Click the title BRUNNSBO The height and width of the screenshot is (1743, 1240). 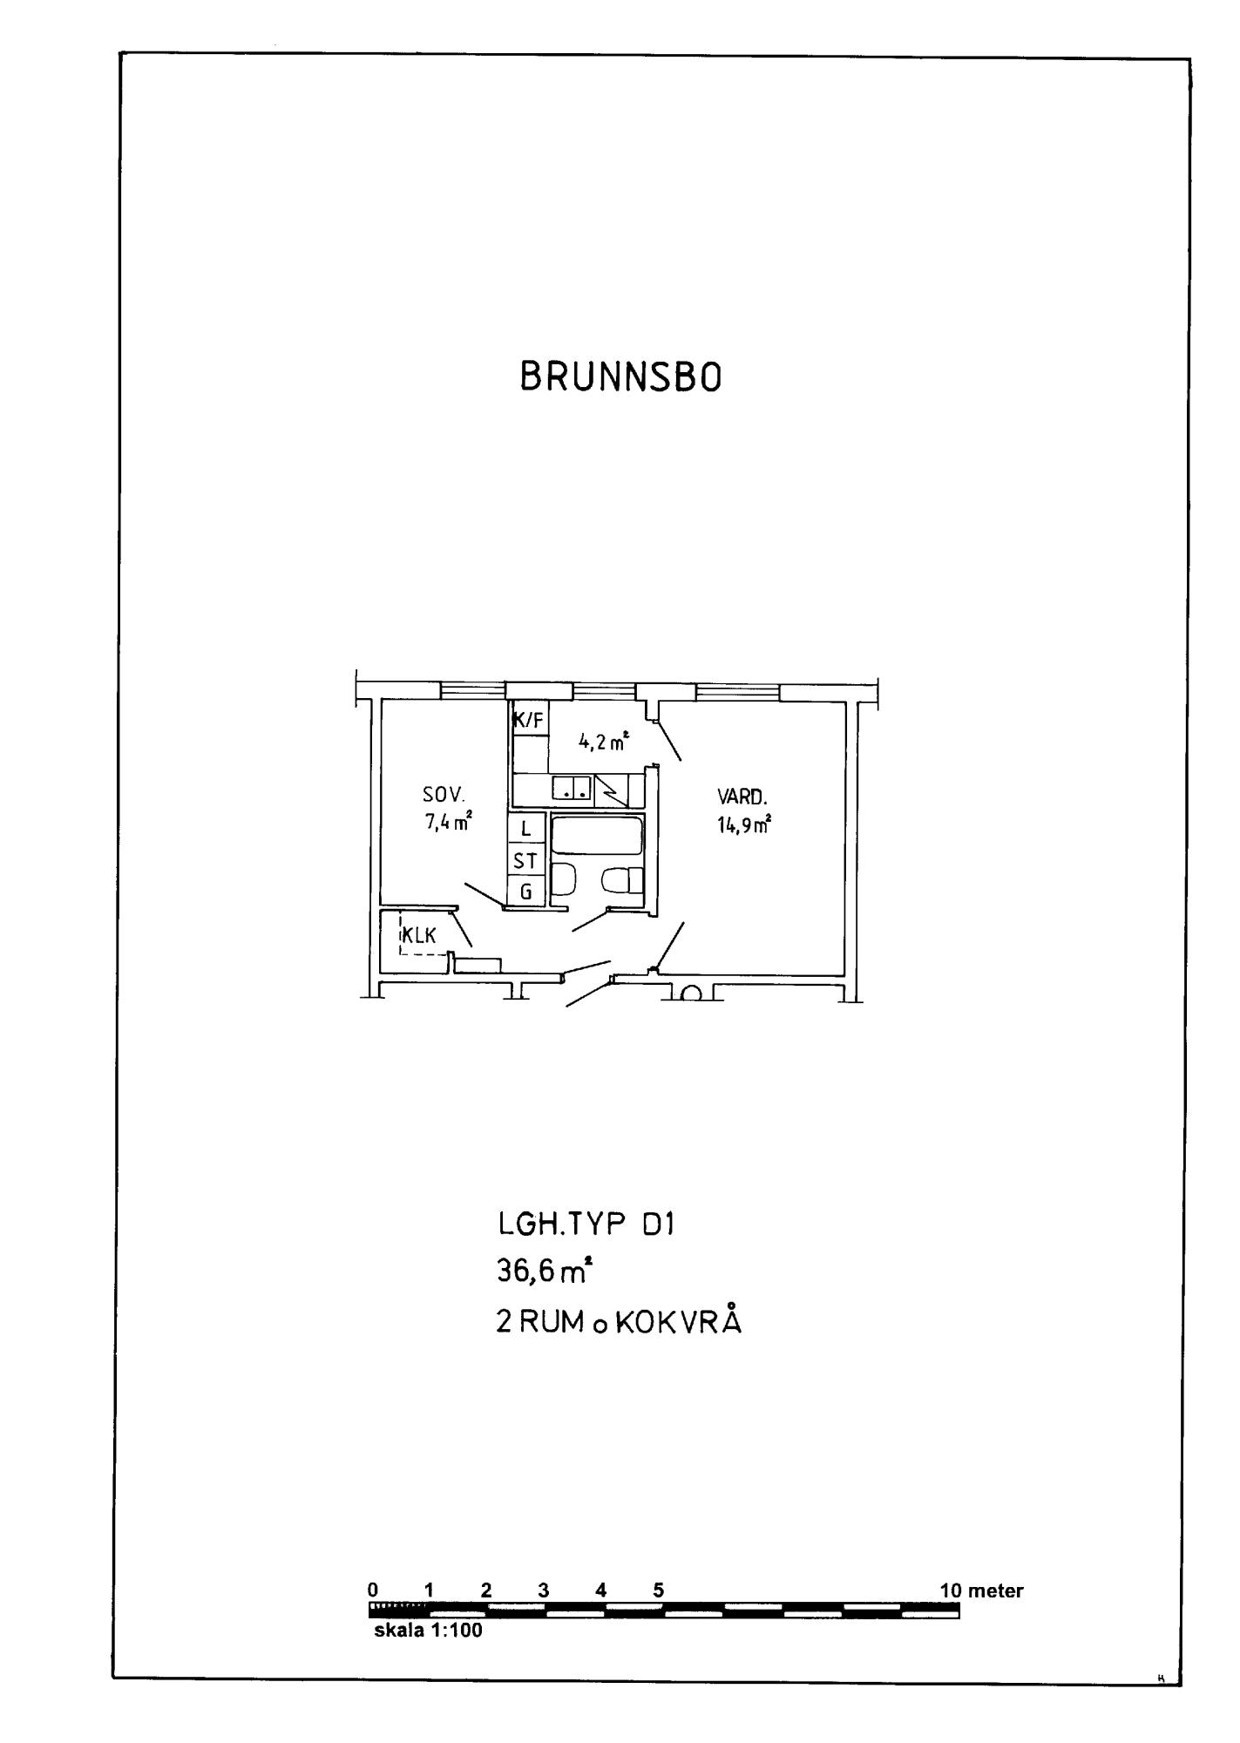tap(620, 377)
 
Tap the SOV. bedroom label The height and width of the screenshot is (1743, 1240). tap(444, 795)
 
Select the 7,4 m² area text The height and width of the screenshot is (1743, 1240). tap(449, 822)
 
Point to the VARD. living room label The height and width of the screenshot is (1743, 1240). tap(742, 797)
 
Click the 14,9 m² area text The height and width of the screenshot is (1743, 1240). tap(744, 824)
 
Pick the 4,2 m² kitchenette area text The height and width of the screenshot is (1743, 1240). tap(603, 743)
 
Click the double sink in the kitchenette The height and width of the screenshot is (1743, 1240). tap(573, 789)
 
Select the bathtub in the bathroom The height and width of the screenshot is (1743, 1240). tap(599, 837)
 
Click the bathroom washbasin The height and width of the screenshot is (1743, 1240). tap(565, 879)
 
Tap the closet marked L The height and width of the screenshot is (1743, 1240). tap(526, 829)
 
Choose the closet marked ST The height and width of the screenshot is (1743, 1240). tap(526, 861)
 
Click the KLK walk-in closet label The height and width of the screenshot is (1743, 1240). tap(419, 936)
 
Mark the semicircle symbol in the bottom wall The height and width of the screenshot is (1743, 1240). tap(693, 994)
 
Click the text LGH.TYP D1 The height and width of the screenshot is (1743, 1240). tap(586, 1224)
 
